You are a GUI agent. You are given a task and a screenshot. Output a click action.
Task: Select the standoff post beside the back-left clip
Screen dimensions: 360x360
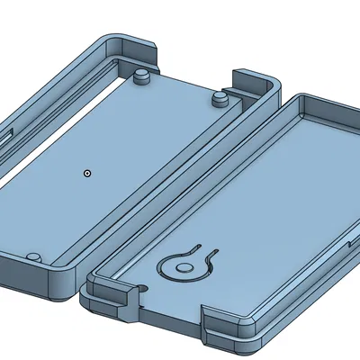click(140, 77)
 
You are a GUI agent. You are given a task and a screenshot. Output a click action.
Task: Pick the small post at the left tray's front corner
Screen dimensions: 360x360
click(32, 258)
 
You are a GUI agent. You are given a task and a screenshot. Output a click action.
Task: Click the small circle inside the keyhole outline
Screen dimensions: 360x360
click(183, 266)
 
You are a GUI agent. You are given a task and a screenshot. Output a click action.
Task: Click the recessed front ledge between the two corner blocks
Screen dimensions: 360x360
click(171, 310)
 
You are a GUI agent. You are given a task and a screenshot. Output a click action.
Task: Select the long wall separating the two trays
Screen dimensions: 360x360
click(180, 180)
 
